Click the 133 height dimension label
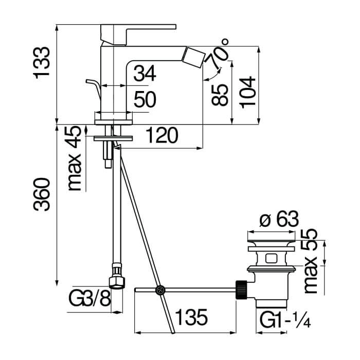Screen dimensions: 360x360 (x=42, y=63)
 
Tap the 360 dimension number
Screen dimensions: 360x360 (x=42, y=194)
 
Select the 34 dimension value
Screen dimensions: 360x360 (x=145, y=73)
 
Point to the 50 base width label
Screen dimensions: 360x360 (x=145, y=99)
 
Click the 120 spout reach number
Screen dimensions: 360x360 (x=162, y=135)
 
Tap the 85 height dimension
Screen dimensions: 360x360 (x=220, y=95)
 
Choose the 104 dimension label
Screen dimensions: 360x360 (x=247, y=92)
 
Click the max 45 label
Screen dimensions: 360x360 (x=75, y=158)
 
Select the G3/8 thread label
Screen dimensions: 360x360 (x=90, y=298)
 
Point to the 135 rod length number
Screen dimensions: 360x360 (x=191, y=317)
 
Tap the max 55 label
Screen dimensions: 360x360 (x=311, y=261)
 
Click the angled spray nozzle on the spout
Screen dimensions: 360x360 (x=194, y=57)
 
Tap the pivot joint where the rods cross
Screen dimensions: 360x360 (x=160, y=290)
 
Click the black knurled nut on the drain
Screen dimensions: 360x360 (x=241, y=290)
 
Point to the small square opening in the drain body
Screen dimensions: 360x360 (x=271, y=259)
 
